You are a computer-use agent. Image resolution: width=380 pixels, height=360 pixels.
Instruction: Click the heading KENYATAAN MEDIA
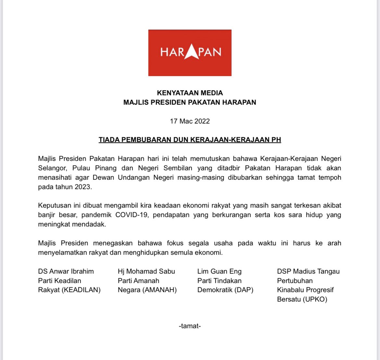pyautogui.click(x=190, y=93)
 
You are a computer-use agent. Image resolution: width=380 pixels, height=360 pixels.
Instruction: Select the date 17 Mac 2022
pyautogui.click(x=190, y=121)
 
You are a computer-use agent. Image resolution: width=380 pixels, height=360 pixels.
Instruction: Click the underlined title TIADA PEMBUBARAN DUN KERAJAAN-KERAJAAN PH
pyautogui.click(x=190, y=140)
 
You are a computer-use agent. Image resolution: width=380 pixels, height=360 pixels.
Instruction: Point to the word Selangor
pyautogui.click(x=52, y=168)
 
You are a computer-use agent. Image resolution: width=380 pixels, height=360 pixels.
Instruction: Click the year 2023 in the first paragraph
pyautogui.click(x=83, y=187)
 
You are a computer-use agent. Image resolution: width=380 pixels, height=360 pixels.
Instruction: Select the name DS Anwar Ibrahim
pyautogui.click(x=66, y=271)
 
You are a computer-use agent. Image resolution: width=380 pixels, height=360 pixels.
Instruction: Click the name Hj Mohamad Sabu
pyautogui.click(x=146, y=271)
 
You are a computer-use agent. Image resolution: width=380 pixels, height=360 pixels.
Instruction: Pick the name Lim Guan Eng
pyautogui.click(x=219, y=271)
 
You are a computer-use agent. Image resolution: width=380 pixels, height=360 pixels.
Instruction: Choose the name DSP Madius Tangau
pyautogui.click(x=308, y=271)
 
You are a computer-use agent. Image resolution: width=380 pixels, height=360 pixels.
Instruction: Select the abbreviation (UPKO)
pyautogui.click(x=315, y=299)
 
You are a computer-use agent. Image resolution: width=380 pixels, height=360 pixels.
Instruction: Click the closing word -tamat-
pyautogui.click(x=190, y=326)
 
